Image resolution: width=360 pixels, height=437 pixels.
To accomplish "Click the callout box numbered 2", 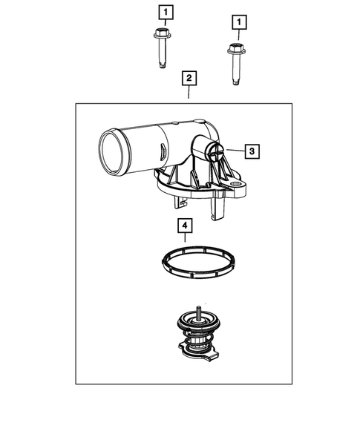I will tap(189, 78).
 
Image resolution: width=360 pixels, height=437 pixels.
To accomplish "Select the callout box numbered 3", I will tap(252, 151).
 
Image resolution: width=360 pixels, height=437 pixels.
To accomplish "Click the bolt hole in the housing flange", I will tap(237, 183).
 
